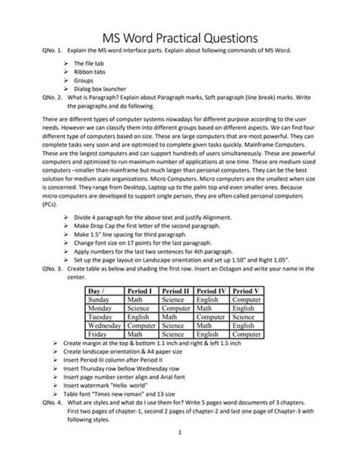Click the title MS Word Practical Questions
[180, 37]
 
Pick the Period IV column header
[213, 291]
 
